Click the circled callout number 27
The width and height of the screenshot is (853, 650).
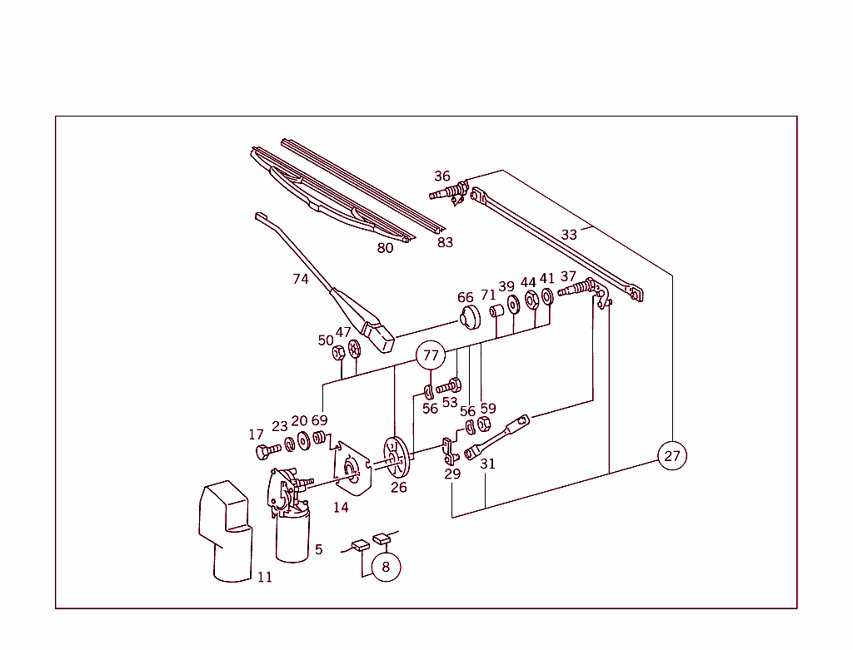pos(671,456)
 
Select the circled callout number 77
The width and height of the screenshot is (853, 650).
pos(430,356)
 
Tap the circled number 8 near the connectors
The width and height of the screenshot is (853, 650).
pos(386,567)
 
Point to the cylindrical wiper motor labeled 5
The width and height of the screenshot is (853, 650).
pos(292,536)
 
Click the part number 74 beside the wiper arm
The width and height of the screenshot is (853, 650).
pos(301,280)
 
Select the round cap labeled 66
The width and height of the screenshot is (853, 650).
pos(471,319)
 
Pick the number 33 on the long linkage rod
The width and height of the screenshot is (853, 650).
pos(569,235)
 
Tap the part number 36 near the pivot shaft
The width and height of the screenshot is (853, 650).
pos(442,176)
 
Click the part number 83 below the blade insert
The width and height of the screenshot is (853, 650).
pos(446,242)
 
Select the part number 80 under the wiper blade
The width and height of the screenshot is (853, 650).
pos(385,248)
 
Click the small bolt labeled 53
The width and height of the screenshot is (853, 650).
pos(449,386)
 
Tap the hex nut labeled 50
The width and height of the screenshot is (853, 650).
pos(339,353)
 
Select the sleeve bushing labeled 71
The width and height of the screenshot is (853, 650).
pos(496,313)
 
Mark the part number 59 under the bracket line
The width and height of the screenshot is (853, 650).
pos(488,409)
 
